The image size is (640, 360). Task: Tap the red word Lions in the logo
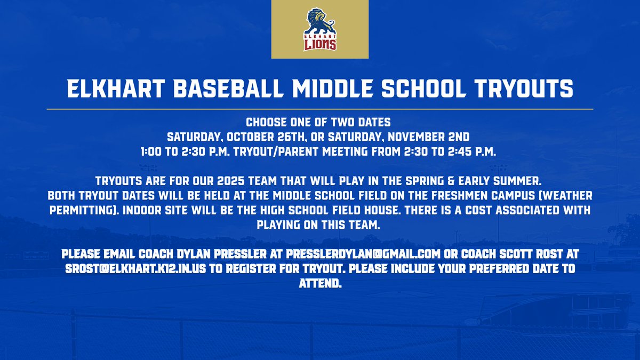[x=320, y=44]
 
